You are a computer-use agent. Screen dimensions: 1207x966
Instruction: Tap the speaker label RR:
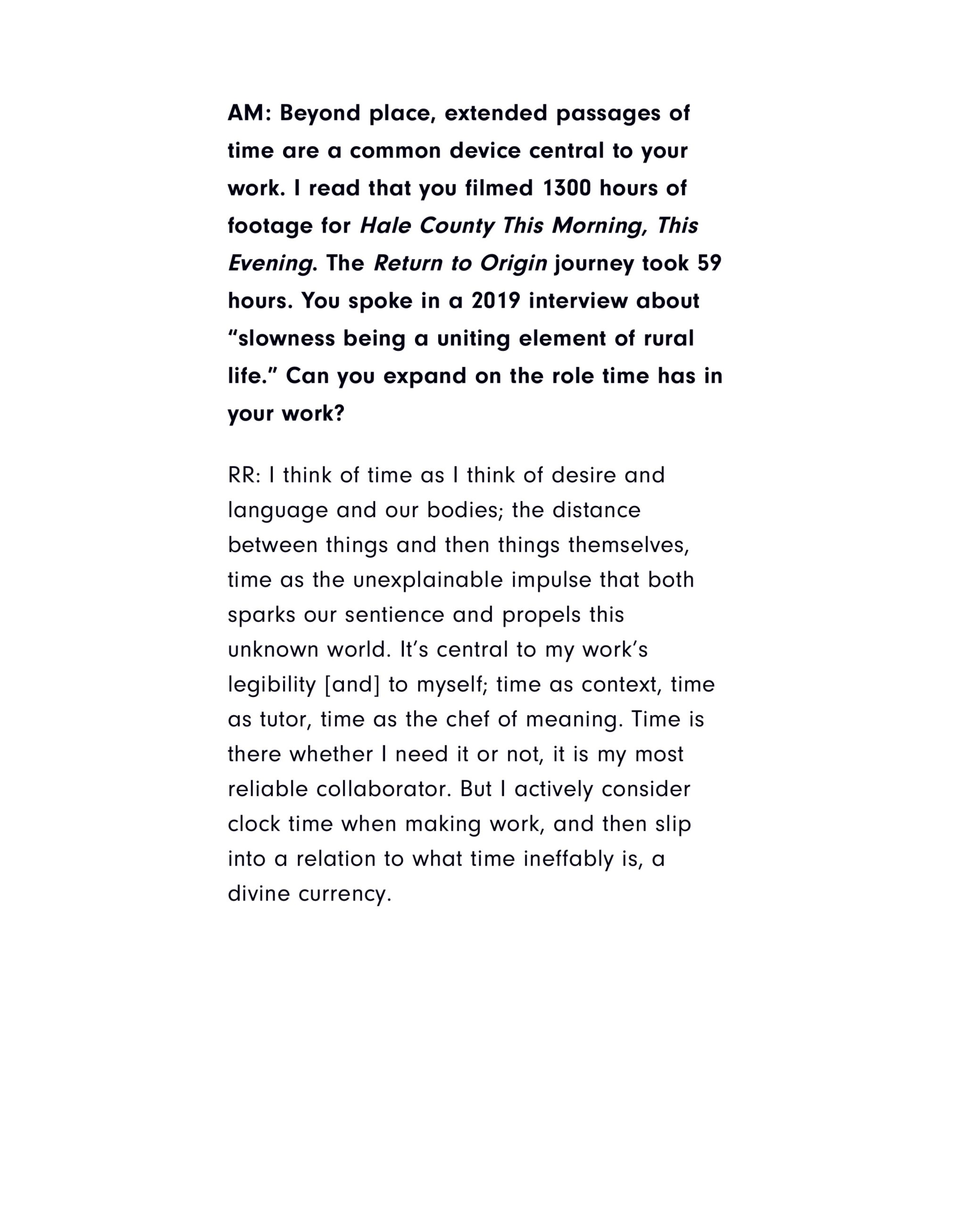click(244, 475)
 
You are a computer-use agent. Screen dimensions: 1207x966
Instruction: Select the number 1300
click(566, 189)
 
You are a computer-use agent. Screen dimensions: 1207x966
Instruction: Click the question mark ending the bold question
click(339, 413)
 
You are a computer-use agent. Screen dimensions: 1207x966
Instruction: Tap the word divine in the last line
click(258, 893)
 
